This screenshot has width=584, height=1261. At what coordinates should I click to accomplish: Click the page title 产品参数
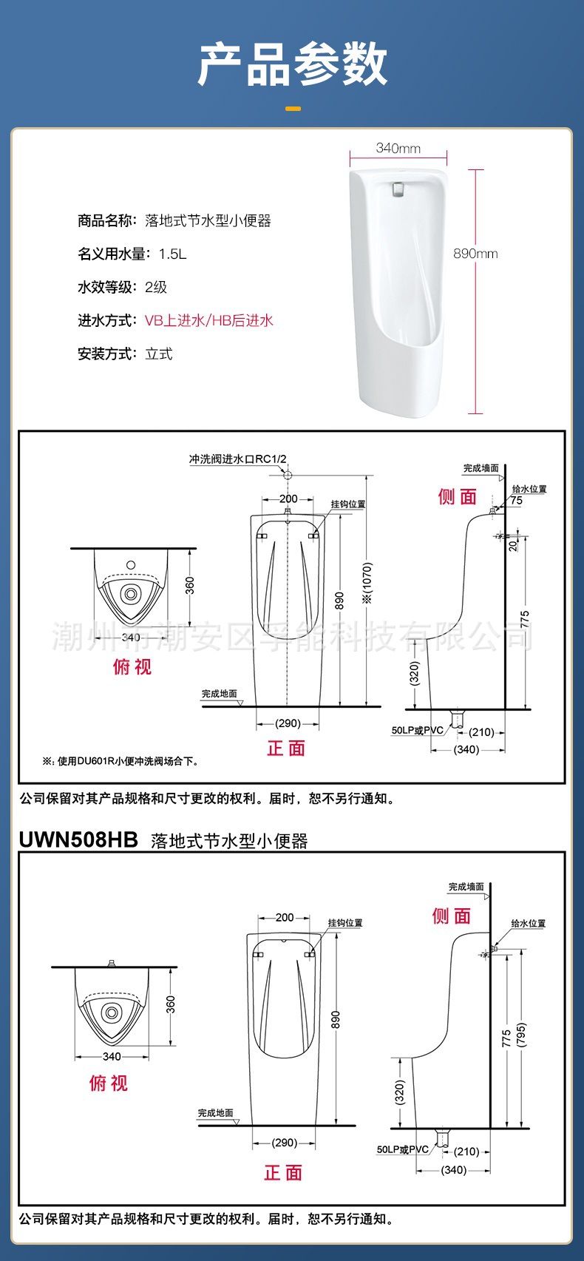coord(292,64)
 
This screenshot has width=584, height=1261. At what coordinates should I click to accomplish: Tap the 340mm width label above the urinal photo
coord(398,148)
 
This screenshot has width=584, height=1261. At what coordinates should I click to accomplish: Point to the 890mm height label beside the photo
coord(475,254)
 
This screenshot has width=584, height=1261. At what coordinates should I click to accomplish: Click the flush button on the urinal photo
coord(398,189)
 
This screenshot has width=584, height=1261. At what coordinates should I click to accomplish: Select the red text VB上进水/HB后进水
coord(209,320)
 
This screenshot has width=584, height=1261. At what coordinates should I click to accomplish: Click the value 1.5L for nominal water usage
coord(172,254)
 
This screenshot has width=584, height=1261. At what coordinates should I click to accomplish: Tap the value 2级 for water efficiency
coord(156,287)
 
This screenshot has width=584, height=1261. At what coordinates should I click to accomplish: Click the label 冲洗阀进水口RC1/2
coord(237,459)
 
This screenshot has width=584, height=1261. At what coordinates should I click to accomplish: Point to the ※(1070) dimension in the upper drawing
coord(367,584)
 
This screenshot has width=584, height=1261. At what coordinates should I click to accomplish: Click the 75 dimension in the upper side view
coord(516,501)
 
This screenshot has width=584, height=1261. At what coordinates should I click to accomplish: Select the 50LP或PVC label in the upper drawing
coord(417,730)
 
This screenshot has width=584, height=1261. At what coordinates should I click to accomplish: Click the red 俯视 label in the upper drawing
coord(132,667)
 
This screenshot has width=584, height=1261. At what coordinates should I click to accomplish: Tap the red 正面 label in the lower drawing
coord(284,1173)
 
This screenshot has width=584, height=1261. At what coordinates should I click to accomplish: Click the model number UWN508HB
coord(78,840)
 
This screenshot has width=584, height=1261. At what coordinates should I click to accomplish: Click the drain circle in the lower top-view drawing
coord(112,1012)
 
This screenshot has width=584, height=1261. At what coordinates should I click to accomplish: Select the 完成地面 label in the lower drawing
coord(215,1113)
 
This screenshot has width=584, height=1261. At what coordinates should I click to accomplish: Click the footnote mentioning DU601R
coord(120,761)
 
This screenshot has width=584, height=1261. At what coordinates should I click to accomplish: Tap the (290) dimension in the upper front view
coord(288,723)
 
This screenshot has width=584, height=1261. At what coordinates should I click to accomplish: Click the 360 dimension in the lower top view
coord(171,1004)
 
